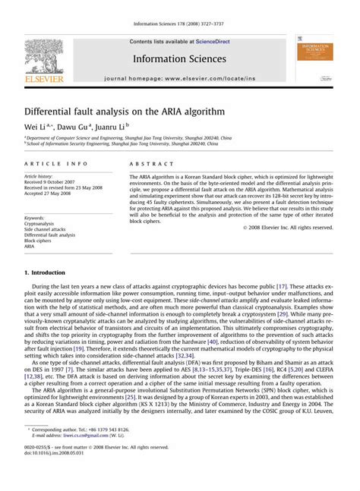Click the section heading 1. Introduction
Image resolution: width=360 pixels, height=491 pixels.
pyautogui.click(x=49, y=272)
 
